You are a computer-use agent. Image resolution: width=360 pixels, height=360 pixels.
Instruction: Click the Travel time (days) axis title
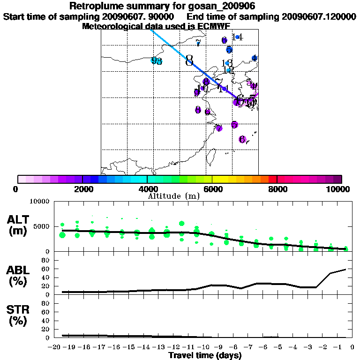pos(205,356)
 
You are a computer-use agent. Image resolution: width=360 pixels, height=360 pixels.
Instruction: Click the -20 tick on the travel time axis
pos(55,347)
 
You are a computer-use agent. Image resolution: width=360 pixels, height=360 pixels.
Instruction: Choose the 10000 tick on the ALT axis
pos(39,202)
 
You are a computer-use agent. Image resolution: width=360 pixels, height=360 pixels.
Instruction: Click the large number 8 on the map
pos(189,61)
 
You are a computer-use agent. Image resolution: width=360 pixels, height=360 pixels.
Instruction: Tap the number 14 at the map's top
pos(237,37)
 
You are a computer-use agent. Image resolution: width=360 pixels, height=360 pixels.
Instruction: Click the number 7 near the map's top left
pos(198,44)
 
